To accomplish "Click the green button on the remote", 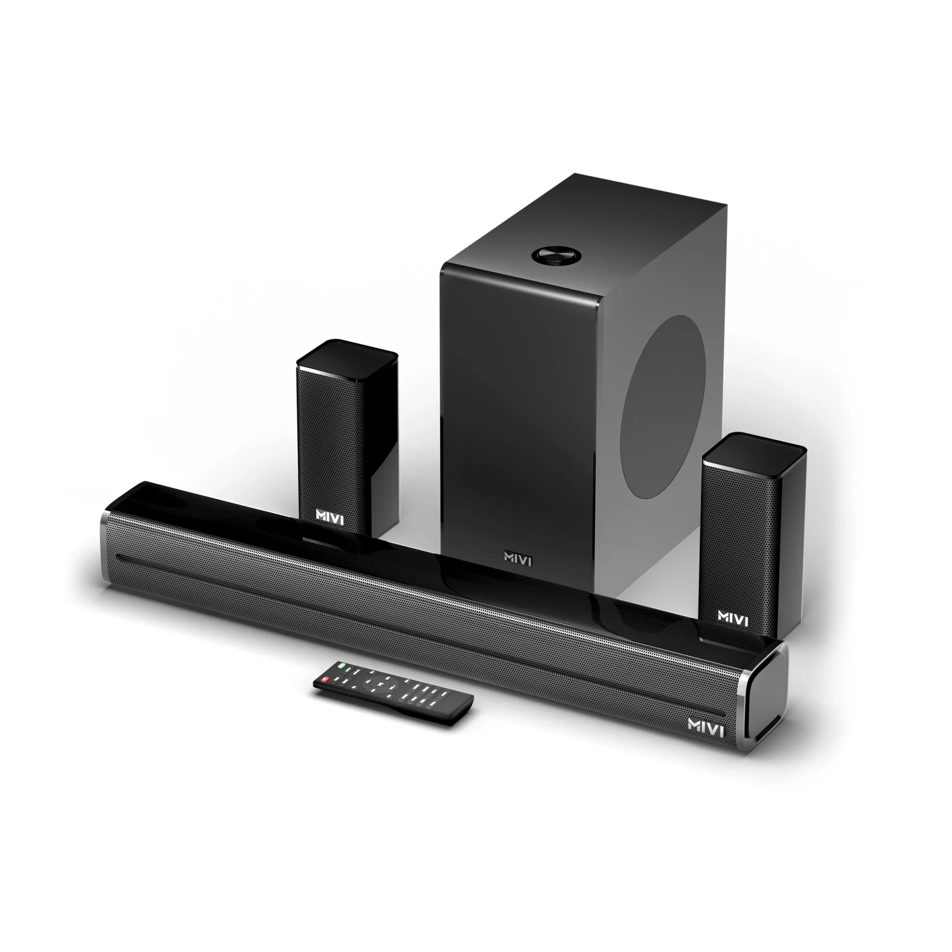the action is coord(341,664).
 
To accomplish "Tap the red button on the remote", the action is coord(324,679).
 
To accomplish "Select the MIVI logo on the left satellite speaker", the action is coord(330,516).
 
